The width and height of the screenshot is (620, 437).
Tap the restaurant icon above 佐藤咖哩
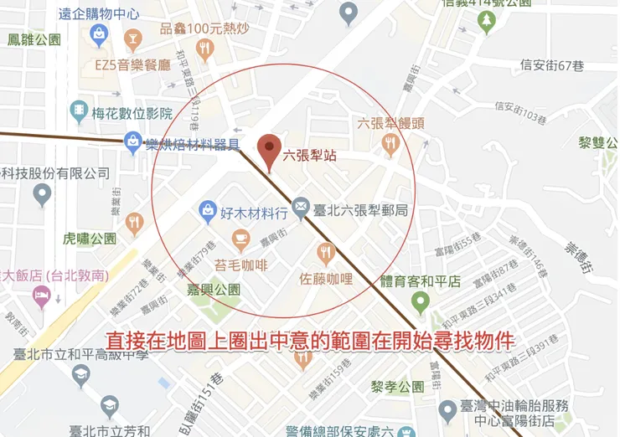[327, 252]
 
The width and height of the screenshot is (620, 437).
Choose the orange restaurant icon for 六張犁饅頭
[389, 145]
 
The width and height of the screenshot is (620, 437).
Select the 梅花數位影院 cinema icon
[79, 110]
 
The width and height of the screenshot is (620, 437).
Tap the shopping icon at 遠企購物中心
[99, 35]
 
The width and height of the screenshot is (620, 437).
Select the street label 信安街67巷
[551, 65]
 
